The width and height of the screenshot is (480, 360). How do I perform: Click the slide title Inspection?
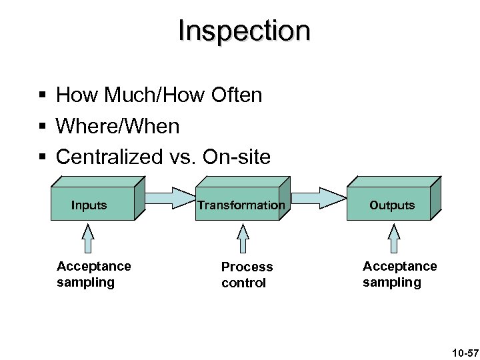coord(244,31)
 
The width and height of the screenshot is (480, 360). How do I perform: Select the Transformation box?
coord(240,205)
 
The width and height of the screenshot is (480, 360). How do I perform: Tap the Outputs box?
coord(392,205)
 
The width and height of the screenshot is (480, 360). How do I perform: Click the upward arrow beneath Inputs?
coord(89,238)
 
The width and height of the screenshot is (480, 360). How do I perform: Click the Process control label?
coord(247,275)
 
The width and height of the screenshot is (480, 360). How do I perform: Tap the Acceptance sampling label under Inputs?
coord(94,274)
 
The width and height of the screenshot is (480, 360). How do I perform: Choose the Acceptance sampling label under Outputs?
coord(399,274)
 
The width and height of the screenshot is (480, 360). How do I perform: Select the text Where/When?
coord(118,126)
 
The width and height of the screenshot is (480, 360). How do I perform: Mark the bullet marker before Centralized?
coord(43,157)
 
